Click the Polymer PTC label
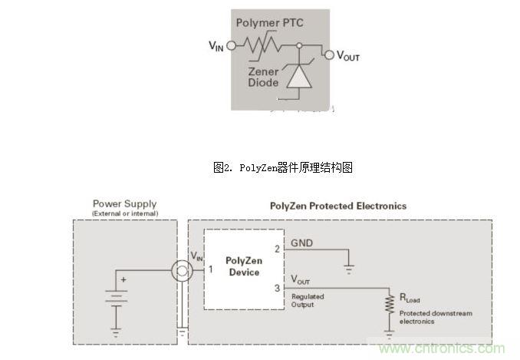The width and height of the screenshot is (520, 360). [x=269, y=23]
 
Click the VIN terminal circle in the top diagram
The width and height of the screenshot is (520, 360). [x=231, y=45]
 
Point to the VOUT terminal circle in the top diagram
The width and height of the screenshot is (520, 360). [x=330, y=54]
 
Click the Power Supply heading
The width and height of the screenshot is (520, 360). [x=125, y=204]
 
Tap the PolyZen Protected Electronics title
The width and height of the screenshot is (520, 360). [x=338, y=206]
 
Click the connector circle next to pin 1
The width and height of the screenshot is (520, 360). [x=181, y=270]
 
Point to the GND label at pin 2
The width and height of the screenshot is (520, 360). [x=301, y=243]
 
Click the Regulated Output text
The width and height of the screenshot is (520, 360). [x=308, y=301]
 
